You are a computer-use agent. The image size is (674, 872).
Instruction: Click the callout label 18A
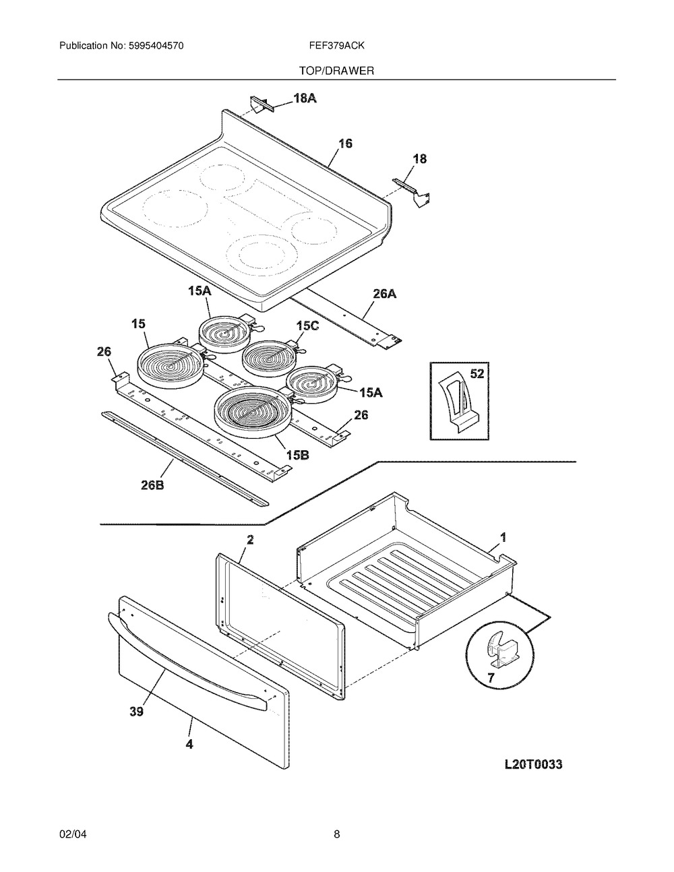click(x=305, y=98)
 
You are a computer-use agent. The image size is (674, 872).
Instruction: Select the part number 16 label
click(x=345, y=144)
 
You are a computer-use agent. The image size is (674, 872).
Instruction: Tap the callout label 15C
click(x=308, y=326)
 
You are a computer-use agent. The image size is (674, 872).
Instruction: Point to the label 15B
click(x=297, y=455)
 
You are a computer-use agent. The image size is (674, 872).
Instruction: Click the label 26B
click(x=152, y=485)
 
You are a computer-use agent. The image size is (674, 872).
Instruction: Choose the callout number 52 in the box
click(x=477, y=373)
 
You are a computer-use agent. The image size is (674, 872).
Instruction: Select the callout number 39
click(x=136, y=712)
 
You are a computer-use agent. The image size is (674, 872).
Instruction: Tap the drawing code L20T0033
click(x=533, y=764)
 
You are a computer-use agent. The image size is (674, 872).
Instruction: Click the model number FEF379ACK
click(x=336, y=46)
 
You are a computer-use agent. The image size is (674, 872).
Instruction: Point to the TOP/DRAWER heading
click(x=336, y=71)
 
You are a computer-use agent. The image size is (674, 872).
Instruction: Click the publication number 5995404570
click(x=156, y=46)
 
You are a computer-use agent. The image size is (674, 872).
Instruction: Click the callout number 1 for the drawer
click(x=503, y=537)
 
